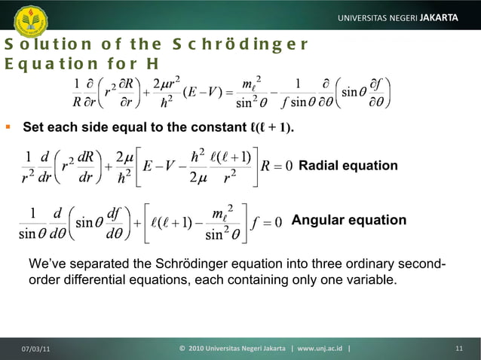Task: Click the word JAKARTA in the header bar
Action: pos(440,17)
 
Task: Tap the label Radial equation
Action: pos(348,166)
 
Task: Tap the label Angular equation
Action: pos(348,221)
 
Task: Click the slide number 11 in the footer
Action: pos(458,348)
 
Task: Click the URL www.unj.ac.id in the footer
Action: pos(316,348)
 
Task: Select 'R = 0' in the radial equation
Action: pos(277,166)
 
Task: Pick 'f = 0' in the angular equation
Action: pos(267,221)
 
